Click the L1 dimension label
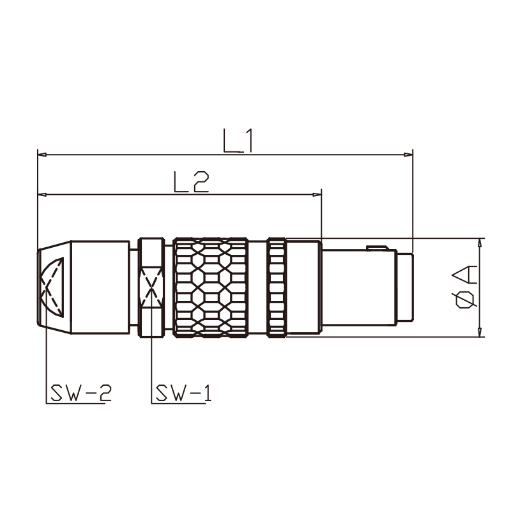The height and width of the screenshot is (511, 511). pyautogui.click(x=238, y=141)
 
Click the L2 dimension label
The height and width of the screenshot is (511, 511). pyautogui.click(x=191, y=182)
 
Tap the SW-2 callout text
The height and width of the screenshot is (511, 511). pyautogui.click(x=81, y=393)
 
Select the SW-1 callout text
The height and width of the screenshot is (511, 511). pyautogui.click(x=183, y=393)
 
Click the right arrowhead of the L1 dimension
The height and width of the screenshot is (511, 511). pyautogui.click(x=408, y=155)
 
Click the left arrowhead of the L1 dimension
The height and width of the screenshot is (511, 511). pyautogui.click(x=42, y=155)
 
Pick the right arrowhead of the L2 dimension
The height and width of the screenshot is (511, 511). pyautogui.click(x=317, y=195)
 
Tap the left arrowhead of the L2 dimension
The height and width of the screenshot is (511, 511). pyautogui.click(x=42, y=195)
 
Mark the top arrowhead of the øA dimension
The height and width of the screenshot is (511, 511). pyautogui.click(x=480, y=243)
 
